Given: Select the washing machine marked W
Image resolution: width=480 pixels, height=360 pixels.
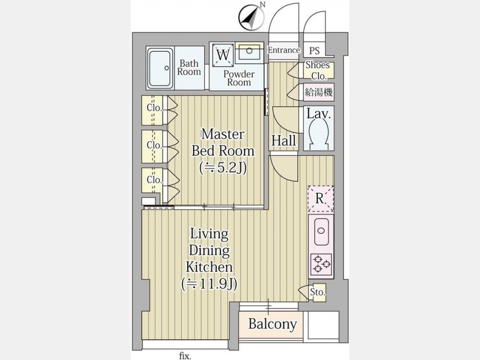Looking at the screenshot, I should [223, 54].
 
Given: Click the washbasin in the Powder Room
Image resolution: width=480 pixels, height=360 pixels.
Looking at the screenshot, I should [248, 52].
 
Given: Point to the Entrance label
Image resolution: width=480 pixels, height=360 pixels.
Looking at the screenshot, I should [283, 50].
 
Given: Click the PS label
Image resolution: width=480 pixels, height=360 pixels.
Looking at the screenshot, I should [315, 51].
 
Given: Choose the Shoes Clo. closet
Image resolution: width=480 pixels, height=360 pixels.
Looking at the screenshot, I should [318, 70].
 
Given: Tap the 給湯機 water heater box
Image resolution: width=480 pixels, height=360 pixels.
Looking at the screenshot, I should [318, 92].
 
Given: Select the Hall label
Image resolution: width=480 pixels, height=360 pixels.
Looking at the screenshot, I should [283, 141].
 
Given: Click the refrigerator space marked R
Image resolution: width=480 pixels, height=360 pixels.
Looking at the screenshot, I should [320, 198].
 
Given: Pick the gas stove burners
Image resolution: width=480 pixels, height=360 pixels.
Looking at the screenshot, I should [321, 263].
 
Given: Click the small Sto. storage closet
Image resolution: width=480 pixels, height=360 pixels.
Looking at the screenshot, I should [318, 292].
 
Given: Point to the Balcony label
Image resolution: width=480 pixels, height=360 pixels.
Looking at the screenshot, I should [272, 324].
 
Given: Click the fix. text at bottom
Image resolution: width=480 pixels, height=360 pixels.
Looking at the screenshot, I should [185, 355].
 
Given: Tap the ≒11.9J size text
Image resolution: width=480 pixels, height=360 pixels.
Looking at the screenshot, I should [209, 283].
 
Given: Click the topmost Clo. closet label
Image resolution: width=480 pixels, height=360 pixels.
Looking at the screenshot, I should [154, 108].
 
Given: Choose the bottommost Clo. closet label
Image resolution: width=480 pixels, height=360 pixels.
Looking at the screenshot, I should [154, 180].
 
